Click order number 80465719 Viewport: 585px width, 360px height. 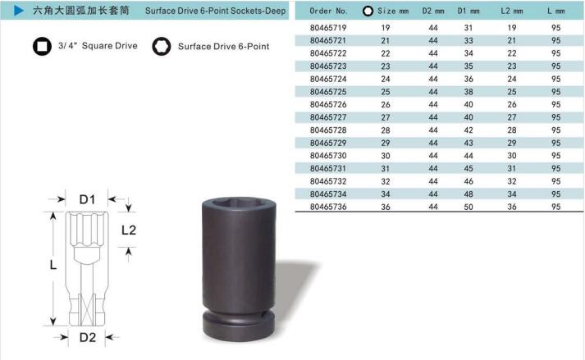coord(328,28)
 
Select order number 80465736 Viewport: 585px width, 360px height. coord(328,207)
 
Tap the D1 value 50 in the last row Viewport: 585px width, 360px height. coord(468,207)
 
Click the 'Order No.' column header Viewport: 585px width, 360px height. coord(328,11)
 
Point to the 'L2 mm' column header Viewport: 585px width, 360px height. coord(511,11)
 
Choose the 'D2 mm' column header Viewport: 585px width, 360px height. coord(433,11)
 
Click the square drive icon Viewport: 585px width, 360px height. coord(42,46)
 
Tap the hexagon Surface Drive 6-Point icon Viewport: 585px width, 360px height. coord(162,46)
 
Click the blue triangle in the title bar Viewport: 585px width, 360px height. coord(19,11)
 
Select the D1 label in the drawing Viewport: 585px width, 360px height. coord(87,199)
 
